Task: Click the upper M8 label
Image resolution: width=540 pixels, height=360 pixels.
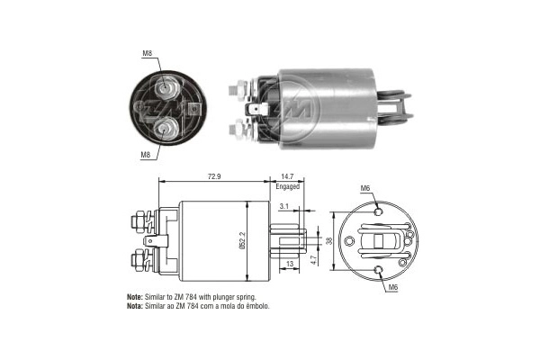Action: point(147,53)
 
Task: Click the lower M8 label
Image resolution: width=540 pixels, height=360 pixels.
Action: point(145,155)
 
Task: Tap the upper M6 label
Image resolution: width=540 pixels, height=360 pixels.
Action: point(365,188)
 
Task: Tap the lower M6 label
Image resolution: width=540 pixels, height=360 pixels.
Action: point(393,287)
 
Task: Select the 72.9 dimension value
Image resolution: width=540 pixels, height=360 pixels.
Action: point(214,176)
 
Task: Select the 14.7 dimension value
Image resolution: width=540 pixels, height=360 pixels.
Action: point(287,176)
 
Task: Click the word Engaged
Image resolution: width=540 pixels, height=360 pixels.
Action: point(288,186)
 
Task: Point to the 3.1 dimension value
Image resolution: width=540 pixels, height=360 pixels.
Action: point(283,206)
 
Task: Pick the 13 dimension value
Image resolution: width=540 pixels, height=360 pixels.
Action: point(290,264)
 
